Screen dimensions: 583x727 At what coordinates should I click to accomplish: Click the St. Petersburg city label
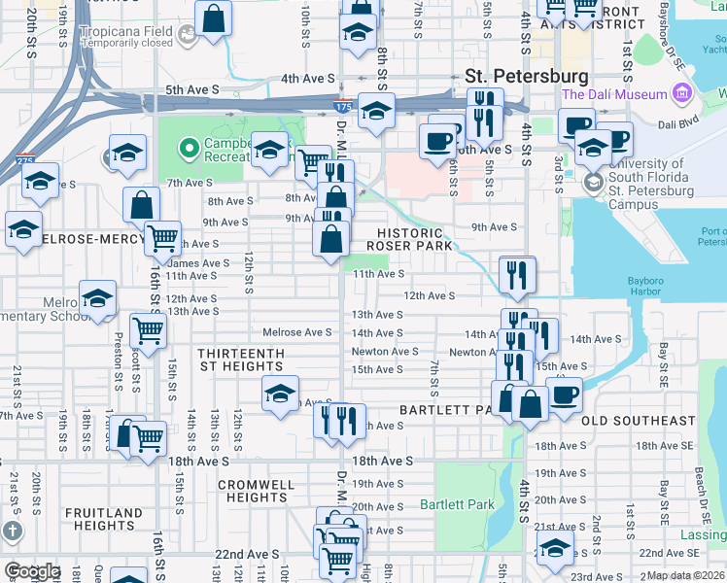(527, 76)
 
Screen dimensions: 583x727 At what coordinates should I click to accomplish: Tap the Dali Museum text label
(614, 94)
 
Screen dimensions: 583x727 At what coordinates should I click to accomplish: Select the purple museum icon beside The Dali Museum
(681, 94)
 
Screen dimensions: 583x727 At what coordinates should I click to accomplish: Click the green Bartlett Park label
(457, 504)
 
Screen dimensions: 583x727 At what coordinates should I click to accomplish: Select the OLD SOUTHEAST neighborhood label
(639, 421)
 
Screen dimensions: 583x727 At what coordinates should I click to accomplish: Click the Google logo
(32, 571)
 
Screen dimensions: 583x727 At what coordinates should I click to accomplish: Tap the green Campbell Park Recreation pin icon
(187, 148)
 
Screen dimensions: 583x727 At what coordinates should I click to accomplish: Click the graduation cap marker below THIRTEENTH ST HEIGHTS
(280, 394)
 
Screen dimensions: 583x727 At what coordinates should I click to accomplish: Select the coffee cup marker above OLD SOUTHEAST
(564, 394)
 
